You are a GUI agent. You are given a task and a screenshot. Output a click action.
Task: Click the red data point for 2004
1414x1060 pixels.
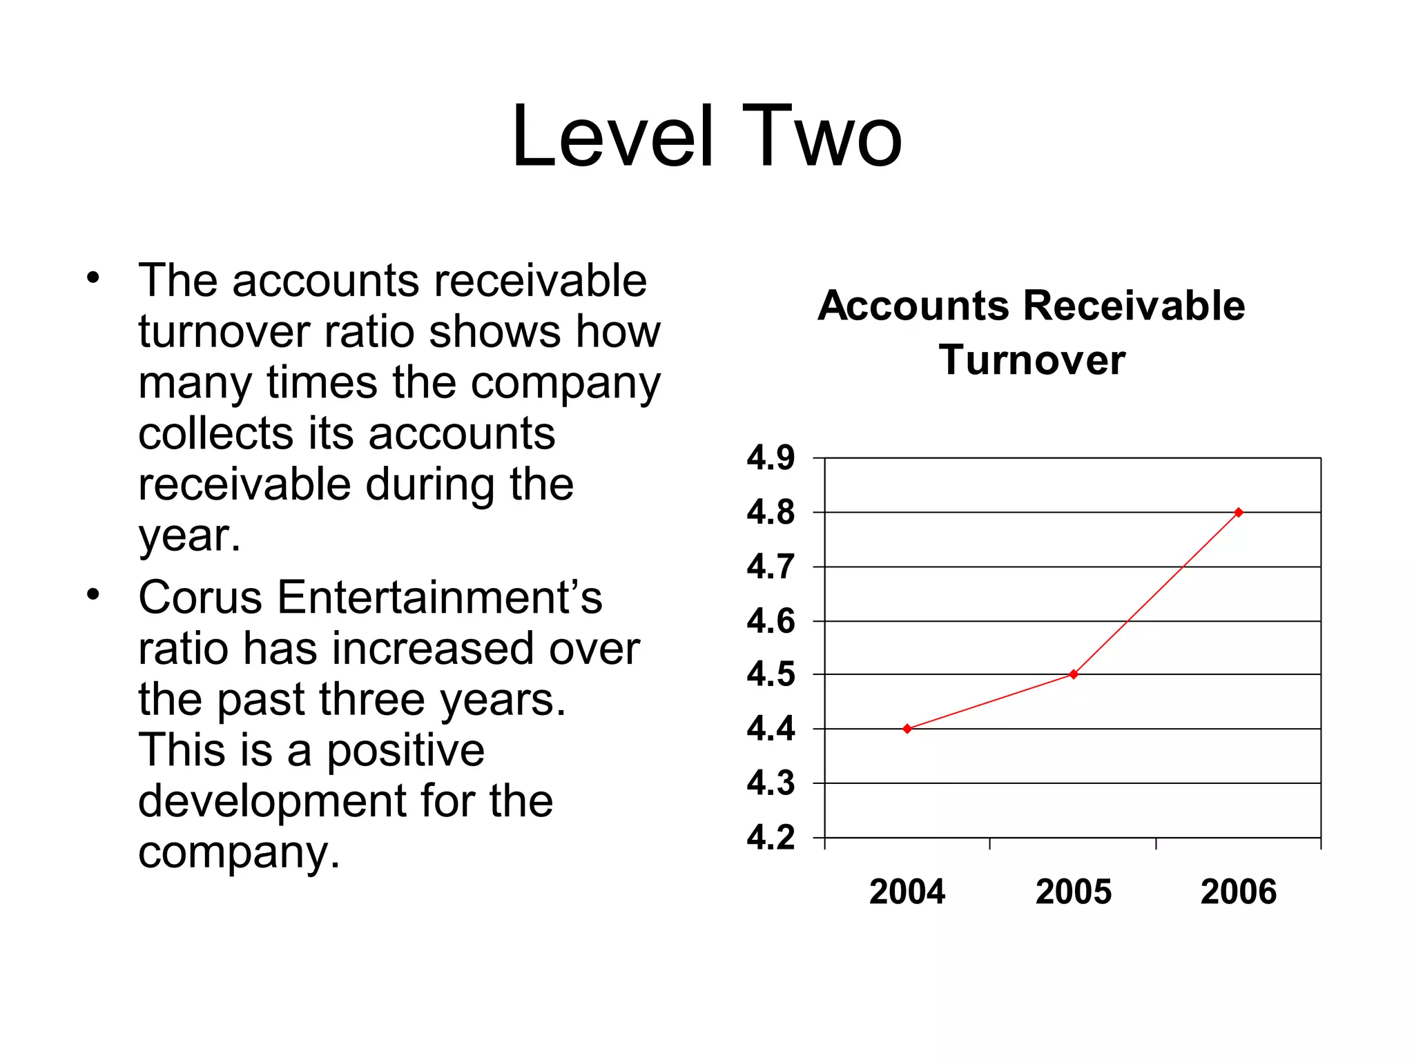tap(907, 729)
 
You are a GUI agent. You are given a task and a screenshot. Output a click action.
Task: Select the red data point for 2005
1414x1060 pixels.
tap(1074, 674)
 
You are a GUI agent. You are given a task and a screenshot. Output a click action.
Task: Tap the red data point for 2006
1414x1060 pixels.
tap(1239, 512)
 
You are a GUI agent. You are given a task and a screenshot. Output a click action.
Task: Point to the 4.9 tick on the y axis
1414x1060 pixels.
tap(771, 458)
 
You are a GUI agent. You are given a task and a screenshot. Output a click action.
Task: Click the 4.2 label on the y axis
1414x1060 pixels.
tap(771, 838)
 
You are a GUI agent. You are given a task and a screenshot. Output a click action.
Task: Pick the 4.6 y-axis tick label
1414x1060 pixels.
tap(771, 621)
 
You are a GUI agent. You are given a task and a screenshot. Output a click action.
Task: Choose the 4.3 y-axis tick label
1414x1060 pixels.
tap(771, 783)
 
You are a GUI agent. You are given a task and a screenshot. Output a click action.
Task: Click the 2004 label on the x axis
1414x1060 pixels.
tap(907, 892)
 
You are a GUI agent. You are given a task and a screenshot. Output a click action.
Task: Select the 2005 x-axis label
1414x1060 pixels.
tap(1074, 892)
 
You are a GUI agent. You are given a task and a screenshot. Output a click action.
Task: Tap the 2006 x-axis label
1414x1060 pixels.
tap(1239, 892)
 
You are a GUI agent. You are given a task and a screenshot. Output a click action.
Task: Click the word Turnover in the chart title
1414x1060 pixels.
tap(1032, 360)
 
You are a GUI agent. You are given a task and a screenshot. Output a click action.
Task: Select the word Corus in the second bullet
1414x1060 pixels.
tap(200, 598)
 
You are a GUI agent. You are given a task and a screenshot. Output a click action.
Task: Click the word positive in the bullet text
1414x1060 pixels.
tap(405, 752)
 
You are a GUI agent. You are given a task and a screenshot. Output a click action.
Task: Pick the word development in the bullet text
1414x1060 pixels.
tap(273, 801)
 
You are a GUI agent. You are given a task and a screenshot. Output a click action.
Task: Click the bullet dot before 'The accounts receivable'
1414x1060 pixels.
tap(93, 279)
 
